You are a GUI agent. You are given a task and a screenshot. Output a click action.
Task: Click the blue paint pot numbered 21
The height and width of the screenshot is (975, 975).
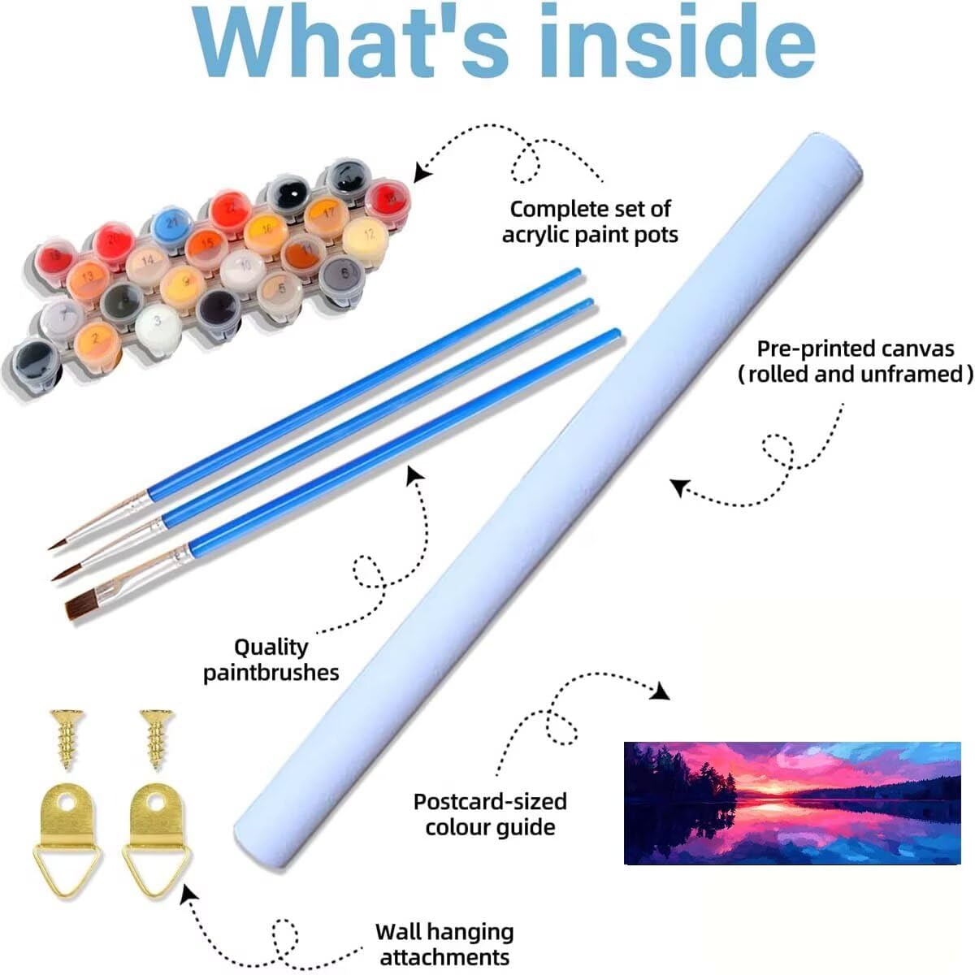pos(171,222)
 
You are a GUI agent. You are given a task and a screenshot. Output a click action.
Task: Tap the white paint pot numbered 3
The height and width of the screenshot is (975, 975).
pos(158,323)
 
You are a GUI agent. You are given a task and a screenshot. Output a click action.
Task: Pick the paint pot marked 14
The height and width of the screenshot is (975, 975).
pos(147,262)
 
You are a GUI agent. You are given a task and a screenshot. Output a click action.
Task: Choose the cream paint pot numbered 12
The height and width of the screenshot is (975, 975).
pos(364,236)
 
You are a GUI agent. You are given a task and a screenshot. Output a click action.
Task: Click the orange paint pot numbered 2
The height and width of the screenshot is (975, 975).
pos(97,339)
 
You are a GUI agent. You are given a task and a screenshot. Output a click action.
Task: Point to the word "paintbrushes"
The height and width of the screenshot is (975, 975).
pos(271,673)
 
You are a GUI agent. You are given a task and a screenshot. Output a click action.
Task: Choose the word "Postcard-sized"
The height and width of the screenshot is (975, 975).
pos(490,802)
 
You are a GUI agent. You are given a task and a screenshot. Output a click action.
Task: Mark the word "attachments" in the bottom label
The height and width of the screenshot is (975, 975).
pos(444,957)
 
